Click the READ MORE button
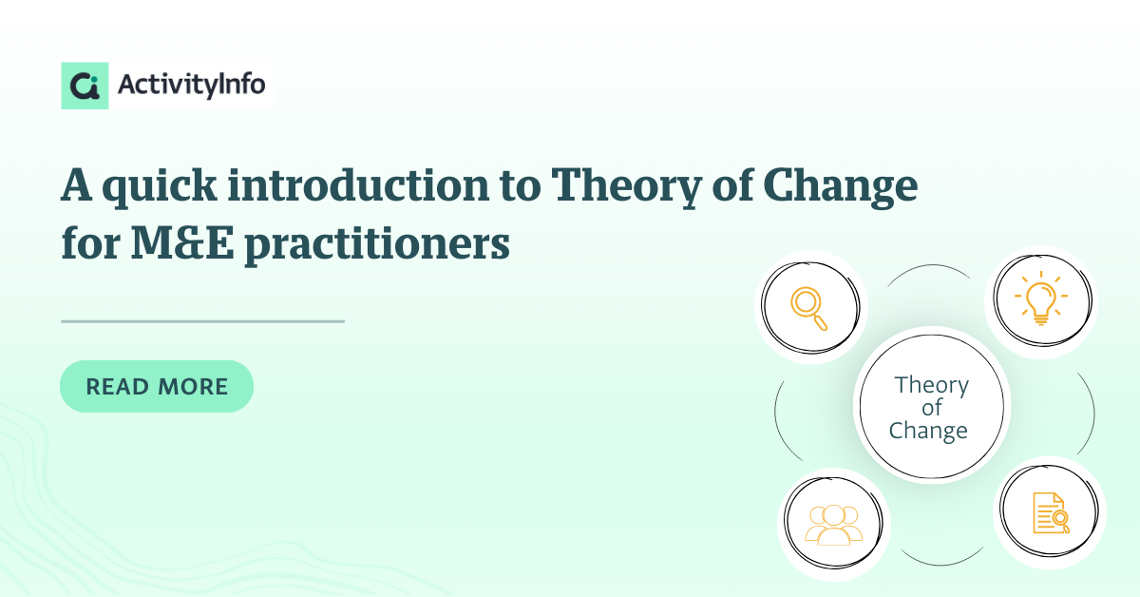coord(157,386)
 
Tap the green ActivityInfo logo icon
coord(85,86)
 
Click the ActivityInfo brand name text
coord(191,85)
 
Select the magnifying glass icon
coord(808,309)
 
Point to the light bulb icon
coord(1041,298)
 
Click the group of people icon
coord(833,525)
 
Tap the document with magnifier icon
coord(1051,513)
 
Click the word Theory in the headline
coord(626,187)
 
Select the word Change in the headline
coord(840,187)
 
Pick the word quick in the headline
coord(160,187)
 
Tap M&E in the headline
coord(182,243)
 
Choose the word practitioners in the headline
coord(377,245)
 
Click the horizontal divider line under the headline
coord(202,321)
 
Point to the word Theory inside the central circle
coord(931,386)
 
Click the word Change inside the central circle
coord(928,432)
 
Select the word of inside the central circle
coord(932,408)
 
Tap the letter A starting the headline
coord(76,185)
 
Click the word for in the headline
coord(90,243)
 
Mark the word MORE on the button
coord(193,387)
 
